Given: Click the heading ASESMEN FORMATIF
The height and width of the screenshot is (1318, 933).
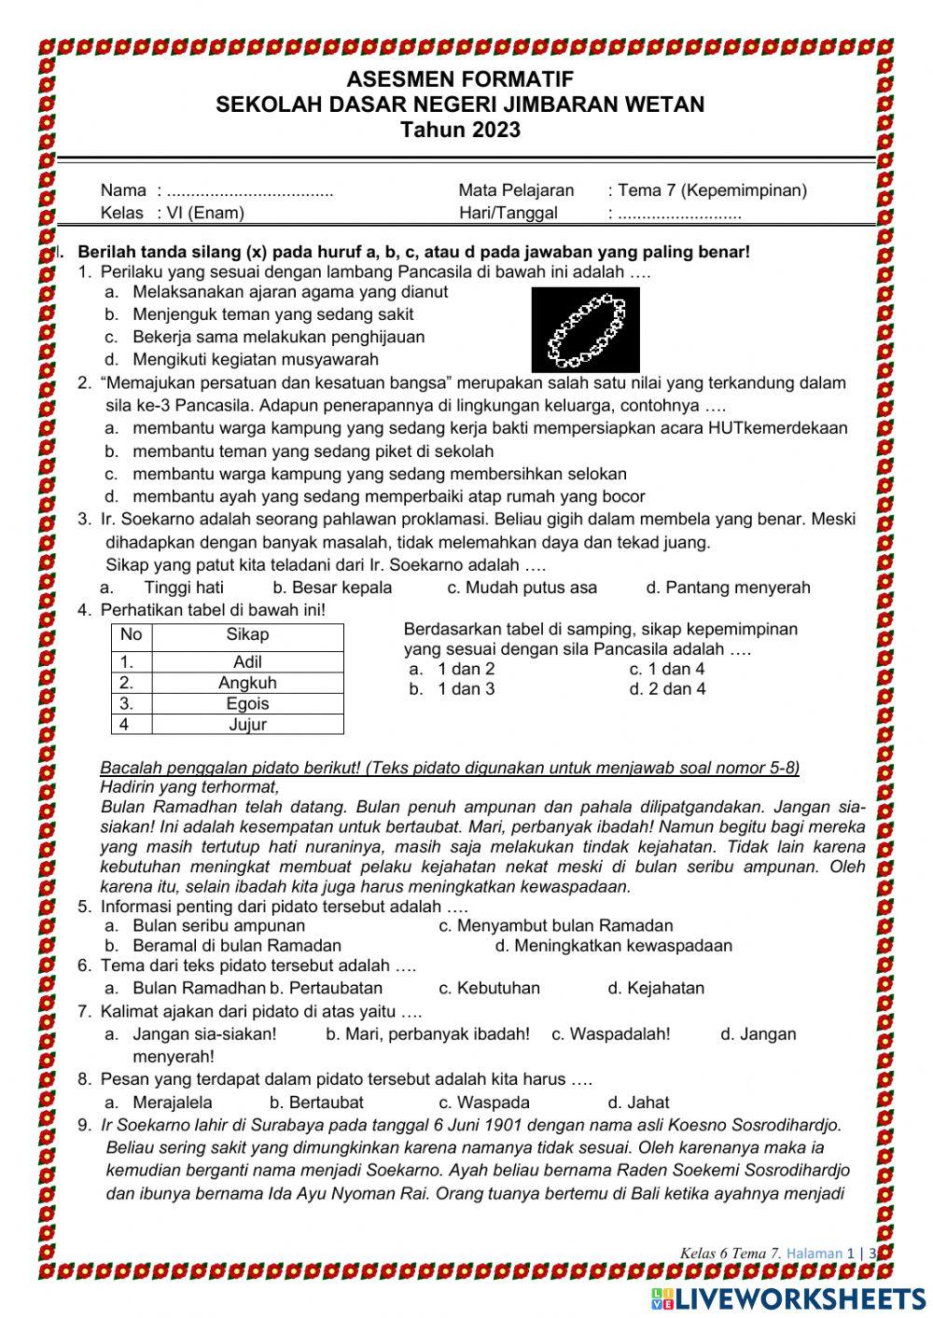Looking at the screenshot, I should pyautogui.click(x=459, y=79).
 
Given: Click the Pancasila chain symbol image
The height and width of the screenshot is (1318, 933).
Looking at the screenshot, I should pyautogui.click(x=585, y=329).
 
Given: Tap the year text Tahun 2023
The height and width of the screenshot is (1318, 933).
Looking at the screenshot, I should pyautogui.click(x=459, y=130).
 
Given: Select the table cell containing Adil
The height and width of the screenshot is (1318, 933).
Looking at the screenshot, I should pyautogui.click(x=247, y=662).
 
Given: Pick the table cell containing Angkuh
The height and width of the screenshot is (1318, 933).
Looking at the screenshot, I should pyautogui.click(x=247, y=683).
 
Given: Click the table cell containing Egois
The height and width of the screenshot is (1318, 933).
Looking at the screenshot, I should pyautogui.click(x=247, y=703).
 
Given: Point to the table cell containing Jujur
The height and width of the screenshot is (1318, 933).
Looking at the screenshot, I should pyautogui.click(x=247, y=724).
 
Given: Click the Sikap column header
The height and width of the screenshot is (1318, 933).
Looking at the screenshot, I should pyautogui.click(x=247, y=635).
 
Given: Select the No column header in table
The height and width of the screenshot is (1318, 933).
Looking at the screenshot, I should pyautogui.click(x=132, y=635).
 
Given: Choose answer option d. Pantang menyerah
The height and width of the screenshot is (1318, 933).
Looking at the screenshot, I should pyautogui.click(x=728, y=588).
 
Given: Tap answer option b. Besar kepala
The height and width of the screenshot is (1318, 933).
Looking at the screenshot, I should pyautogui.click(x=332, y=588).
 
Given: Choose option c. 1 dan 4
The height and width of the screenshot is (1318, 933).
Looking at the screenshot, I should pyautogui.click(x=667, y=669).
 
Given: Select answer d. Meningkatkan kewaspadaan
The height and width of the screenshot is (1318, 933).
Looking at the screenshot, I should pyautogui.click(x=614, y=946).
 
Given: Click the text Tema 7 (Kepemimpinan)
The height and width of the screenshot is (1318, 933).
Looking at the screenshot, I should pyautogui.click(x=712, y=190).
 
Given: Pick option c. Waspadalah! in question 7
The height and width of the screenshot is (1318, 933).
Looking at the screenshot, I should pyautogui.click(x=610, y=1034).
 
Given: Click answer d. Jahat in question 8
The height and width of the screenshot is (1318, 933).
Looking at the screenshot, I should pyautogui.click(x=638, y=1102).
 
